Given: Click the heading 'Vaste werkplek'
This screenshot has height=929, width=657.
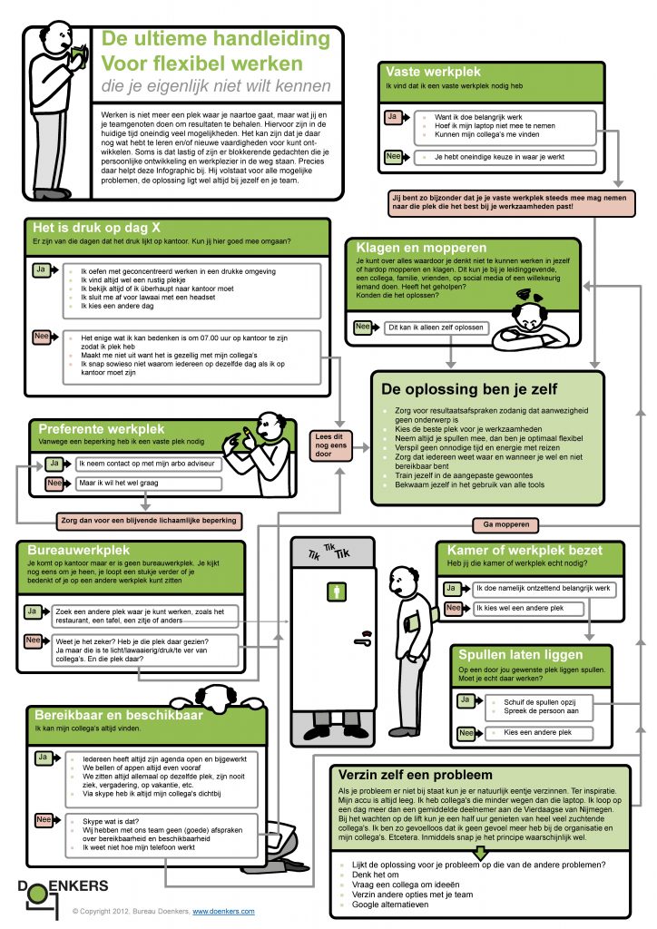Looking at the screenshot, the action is pos(433,72).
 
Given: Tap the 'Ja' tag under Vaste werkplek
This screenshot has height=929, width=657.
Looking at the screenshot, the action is pos(392,118).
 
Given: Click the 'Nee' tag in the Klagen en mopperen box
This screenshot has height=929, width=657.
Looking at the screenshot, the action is pos(362,327).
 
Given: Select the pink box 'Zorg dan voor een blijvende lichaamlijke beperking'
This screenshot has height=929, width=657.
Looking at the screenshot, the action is pos(149,521).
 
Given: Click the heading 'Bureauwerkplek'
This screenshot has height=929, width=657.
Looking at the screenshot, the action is pos(82,550).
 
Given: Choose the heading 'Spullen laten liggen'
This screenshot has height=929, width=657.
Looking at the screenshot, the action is pos(521,654).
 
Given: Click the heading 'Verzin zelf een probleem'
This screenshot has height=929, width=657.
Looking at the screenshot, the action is pos(415,775).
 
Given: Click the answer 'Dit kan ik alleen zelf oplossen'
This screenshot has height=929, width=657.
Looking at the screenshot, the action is pos(436,327).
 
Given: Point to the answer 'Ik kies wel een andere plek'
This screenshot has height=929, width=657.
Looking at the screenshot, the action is pos(518,608).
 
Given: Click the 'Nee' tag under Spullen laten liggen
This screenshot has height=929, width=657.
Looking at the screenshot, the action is pos(466,732).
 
